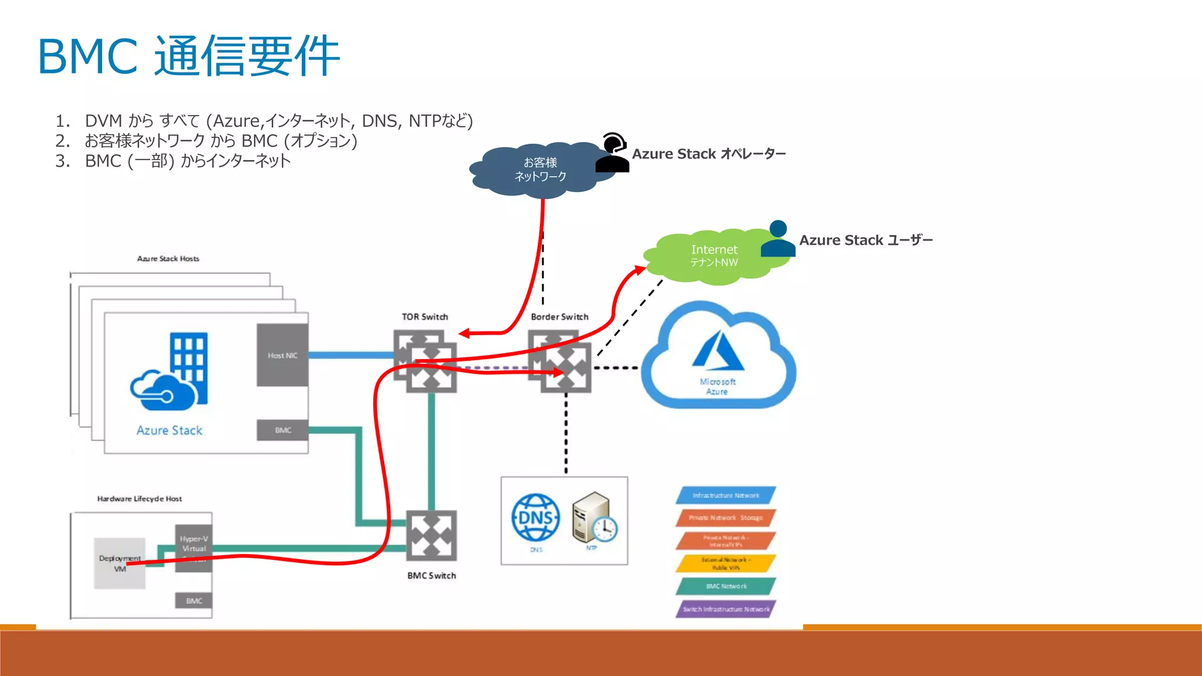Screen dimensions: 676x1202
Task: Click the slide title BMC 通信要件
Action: pyautogui.click(x=189, y=56)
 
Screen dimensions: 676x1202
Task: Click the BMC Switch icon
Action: pyautogui.click(x=431, y=536)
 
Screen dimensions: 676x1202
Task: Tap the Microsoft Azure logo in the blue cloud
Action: pyautogui.click(x=718, y=352)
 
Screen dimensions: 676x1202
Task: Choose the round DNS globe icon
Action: pyautogui.click(x=535, y=518)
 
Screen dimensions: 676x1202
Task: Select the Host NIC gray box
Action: pyautogui.click(x=282, y=355)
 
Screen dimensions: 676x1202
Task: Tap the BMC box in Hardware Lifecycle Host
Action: pyautogui.click(x=194, y=601)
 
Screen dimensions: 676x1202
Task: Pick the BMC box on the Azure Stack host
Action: pyautogui.click(x=283, y=430)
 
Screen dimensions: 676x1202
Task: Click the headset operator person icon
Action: pyautogui.click(x=613, y=153)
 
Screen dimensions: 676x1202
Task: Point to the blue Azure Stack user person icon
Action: pyautogui.click(x=778, y=239)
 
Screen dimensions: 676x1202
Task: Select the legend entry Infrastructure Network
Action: pyautogui.click(x=725, y=495)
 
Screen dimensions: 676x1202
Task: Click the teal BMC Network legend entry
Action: pyautogui.click(x=725, y=586)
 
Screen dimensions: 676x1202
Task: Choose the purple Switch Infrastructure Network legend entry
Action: pyautogui.click(x=725, y=609)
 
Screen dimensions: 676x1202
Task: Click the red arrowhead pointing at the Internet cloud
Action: pyautogui.click(x=640, y=270)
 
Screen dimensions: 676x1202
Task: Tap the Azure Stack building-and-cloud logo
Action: pyautogui.click(x=170, y=373)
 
